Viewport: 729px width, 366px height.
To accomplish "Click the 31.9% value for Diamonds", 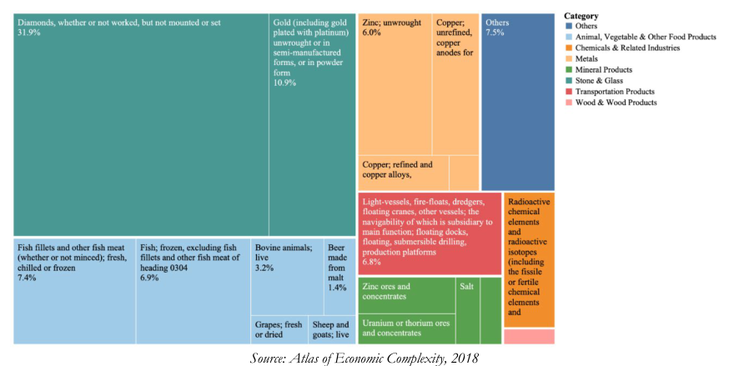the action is [x=29, y=33].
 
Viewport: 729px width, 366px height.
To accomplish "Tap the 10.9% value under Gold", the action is [x=284, y=83].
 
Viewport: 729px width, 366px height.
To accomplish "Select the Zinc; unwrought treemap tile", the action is [x=395, y=84].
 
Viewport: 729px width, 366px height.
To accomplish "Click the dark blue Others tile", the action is [x=518, y=102].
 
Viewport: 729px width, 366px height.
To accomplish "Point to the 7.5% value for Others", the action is [x=495, y=33].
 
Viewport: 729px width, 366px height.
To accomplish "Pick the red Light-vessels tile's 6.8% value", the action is [x=371, y=262].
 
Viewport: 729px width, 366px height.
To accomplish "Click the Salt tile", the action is [x=468, y=310].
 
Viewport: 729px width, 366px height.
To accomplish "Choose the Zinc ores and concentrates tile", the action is [x=406, y=295].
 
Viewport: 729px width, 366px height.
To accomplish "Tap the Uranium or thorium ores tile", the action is [x=406, y=328].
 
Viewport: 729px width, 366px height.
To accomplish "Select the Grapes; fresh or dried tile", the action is [x=279, y=330].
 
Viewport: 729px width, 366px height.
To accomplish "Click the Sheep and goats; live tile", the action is [x=332, y=330].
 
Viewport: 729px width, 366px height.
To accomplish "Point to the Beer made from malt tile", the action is [x=339, y=278].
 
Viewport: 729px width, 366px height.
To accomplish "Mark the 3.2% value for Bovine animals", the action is [x=264, y=268].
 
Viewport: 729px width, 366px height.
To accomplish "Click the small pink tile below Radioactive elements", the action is [x=529, y=336].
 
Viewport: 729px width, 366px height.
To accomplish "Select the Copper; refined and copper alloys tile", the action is [x=403, y=173].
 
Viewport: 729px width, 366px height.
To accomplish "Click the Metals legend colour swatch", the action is [x=569, y=59].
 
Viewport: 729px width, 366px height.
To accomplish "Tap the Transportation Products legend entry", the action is [x=610, y=92].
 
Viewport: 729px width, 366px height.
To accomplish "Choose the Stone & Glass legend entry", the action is [x=594, y=81].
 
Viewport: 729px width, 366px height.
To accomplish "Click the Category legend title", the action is [x=581, y=16].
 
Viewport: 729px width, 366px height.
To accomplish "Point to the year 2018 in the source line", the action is [x=466, y=358].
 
